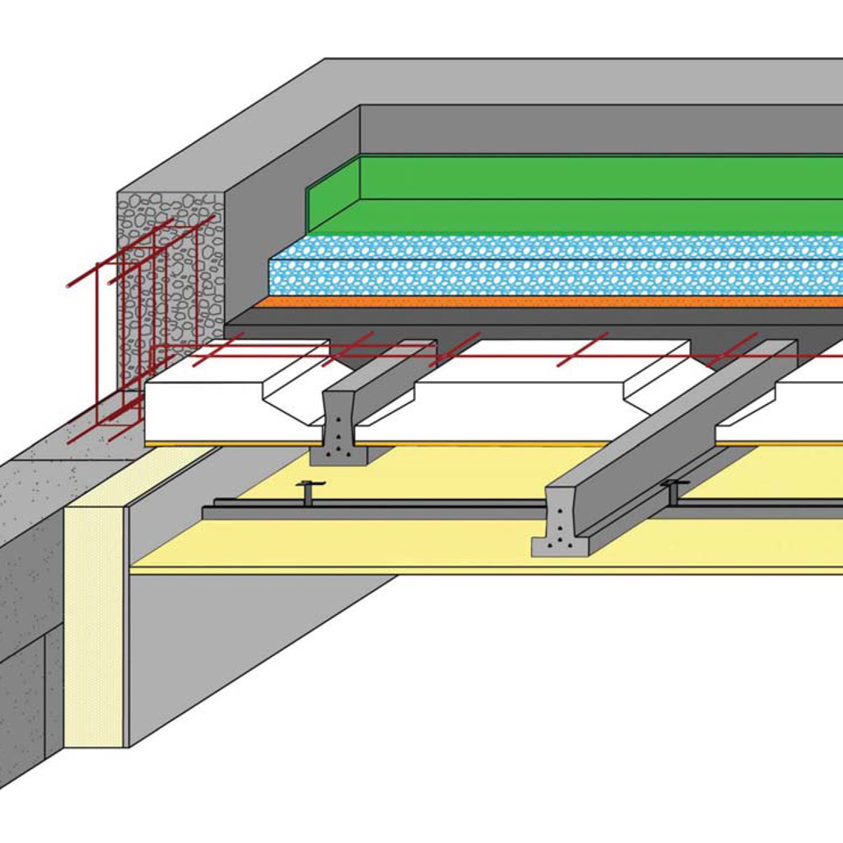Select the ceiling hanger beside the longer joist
coord(673,491)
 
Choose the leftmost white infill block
coord(214,408)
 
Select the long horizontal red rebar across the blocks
coord(527,356)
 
